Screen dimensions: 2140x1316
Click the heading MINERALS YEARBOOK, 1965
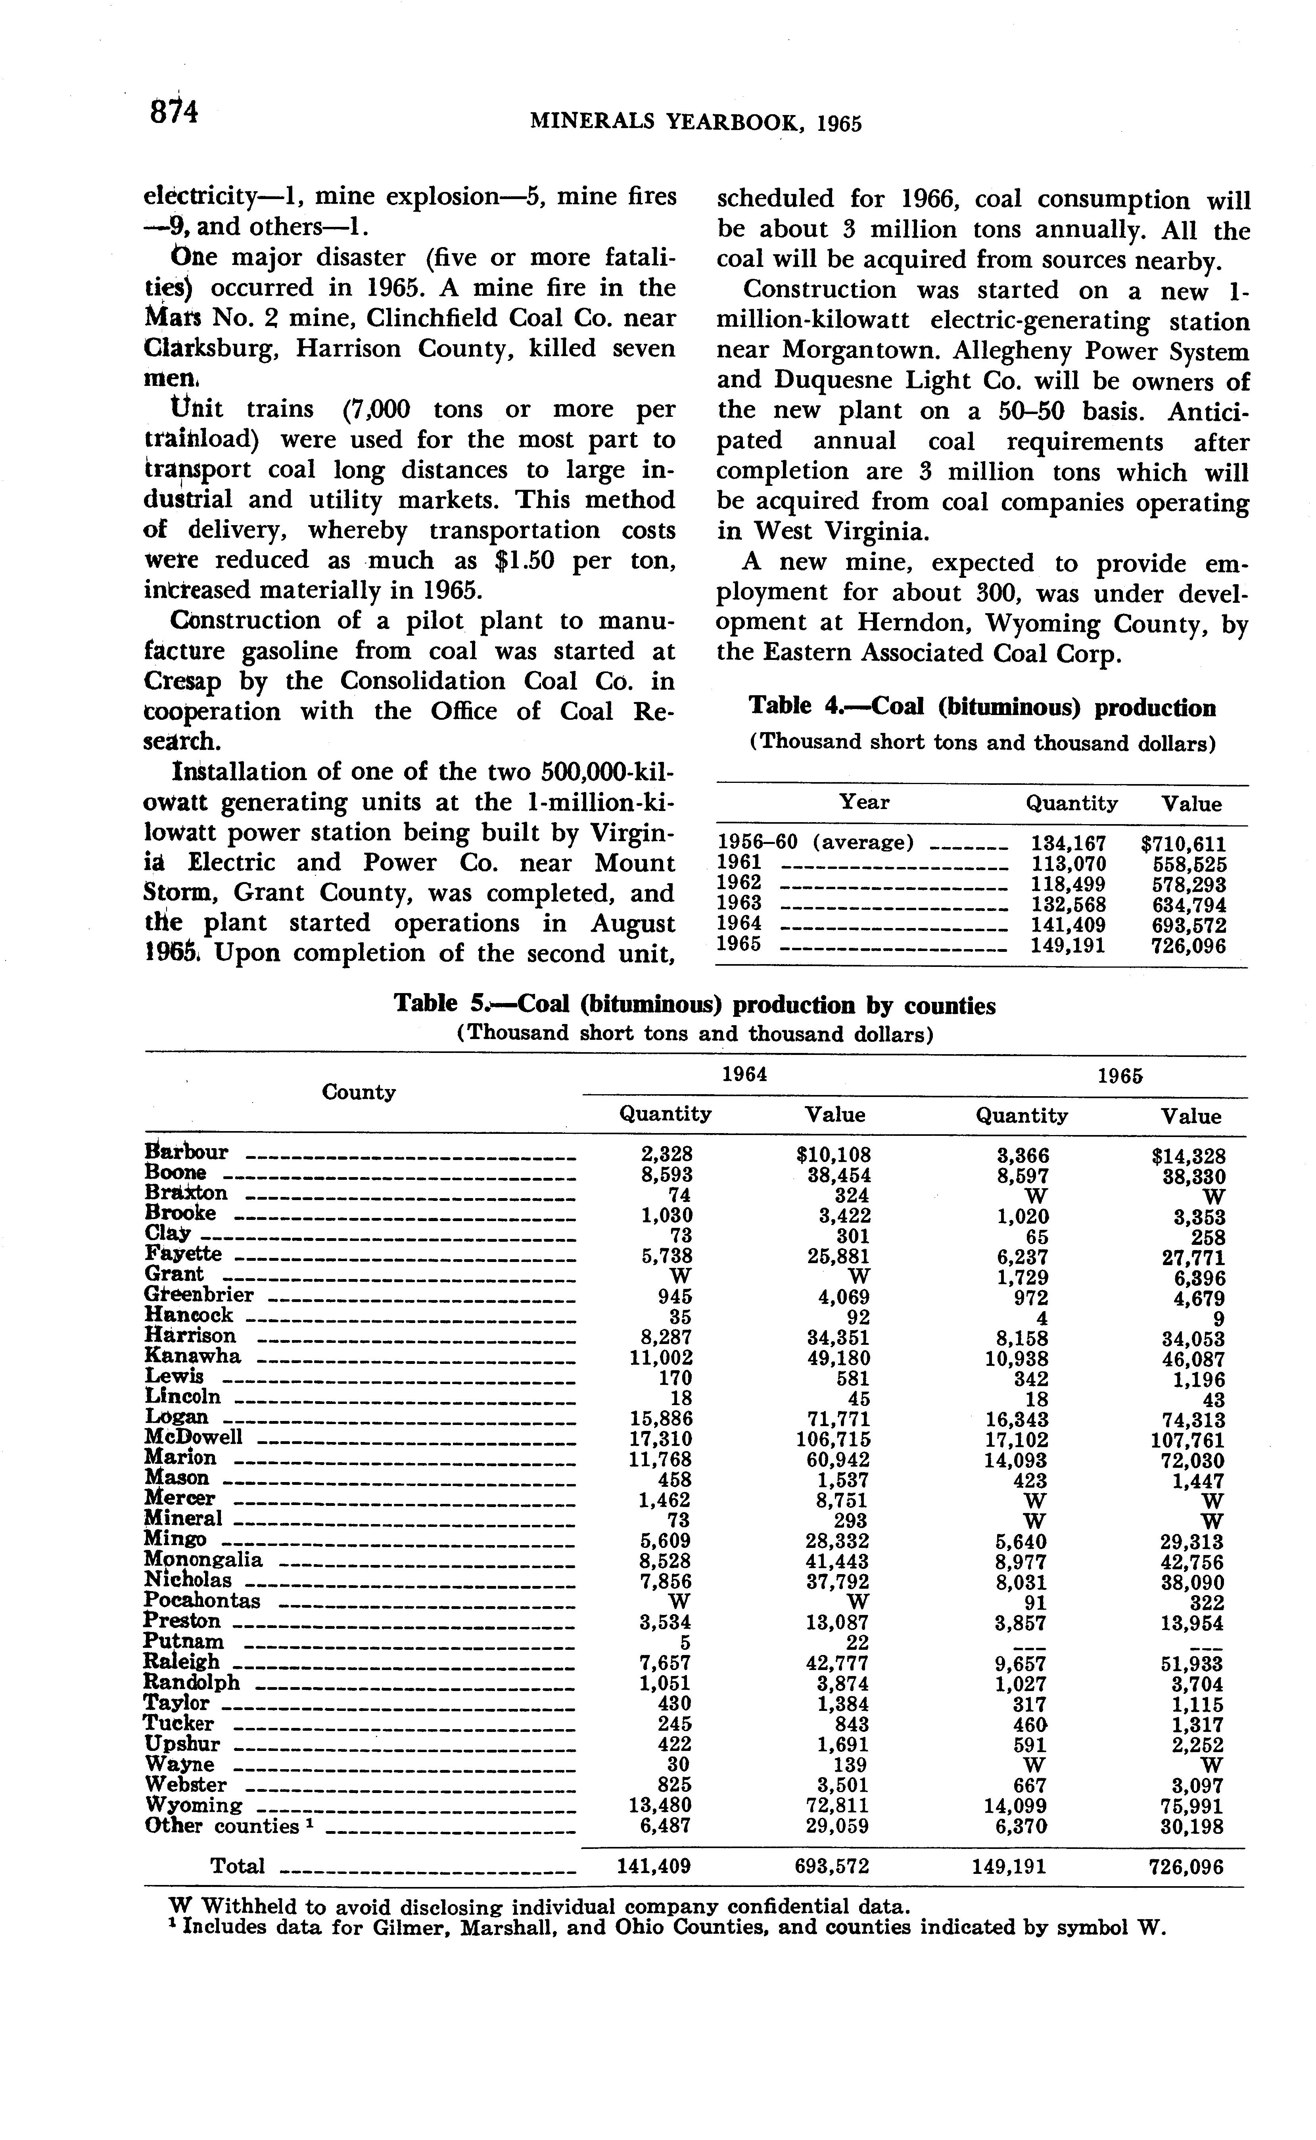tap(695, 123)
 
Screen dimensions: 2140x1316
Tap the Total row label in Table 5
tap(238, 1866)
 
